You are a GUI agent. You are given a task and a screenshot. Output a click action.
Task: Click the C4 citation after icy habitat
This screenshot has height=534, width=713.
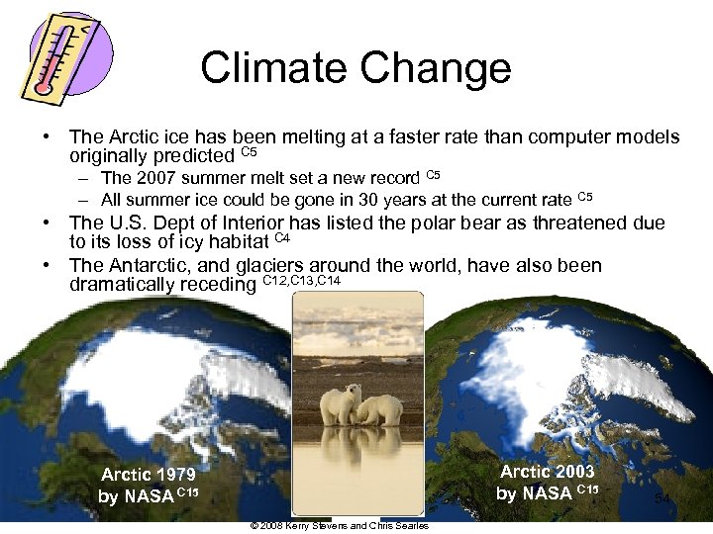[281, 238]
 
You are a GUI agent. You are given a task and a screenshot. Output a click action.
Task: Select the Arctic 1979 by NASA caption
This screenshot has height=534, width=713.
[149, 486]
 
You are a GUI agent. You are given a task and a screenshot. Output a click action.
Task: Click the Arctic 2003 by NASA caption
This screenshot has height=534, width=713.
[547, 482]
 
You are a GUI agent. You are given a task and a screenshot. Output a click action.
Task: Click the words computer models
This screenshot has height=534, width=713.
[613, 136]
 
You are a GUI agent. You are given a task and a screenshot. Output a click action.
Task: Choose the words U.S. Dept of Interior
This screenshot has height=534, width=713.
[202, 223]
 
